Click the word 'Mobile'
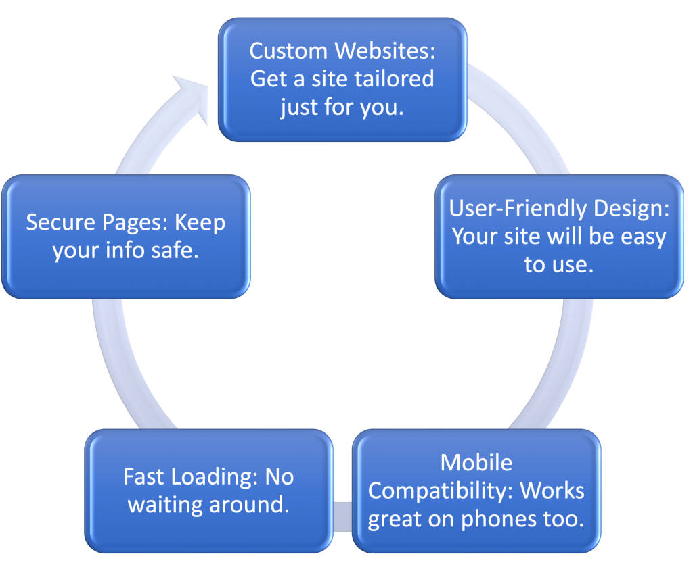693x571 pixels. (x=476, y=463)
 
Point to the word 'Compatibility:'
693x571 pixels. (x=439, y=491)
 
